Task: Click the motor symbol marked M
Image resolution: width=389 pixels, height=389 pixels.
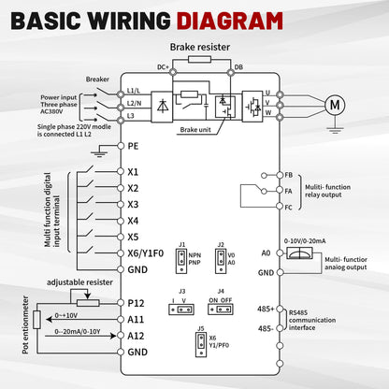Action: (x=335, y=105)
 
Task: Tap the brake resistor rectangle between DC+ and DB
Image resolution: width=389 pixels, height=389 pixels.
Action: (x=199, y=60)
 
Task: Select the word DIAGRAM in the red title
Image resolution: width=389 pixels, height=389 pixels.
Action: (x=230, y=21)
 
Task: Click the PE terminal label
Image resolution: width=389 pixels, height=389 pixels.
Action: (x=133, y=146)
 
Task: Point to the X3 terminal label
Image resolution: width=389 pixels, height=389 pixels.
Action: (x=133, y=205)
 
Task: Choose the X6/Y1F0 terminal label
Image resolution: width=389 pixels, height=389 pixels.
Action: (x=146, y=253)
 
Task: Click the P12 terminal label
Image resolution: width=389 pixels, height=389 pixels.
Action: (x=136, y=303)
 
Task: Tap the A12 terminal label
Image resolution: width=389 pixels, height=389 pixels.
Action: (x=136, y=336)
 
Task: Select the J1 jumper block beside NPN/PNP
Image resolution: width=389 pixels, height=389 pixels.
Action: (x=181, y=261)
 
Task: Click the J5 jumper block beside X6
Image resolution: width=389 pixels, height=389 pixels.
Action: (x=201, y=344)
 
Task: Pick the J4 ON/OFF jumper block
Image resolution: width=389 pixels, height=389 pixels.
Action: (x=221, y=310)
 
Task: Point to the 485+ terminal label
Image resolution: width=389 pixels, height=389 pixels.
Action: (x=266, y=309)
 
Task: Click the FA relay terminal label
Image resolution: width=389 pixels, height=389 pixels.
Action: (x=288, y=191)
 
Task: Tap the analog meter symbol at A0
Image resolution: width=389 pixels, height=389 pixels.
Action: (x=299, y=253)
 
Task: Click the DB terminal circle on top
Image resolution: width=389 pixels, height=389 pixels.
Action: (x=231, y=73)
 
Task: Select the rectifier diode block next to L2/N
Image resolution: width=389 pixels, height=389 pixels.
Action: (x=162, y=107)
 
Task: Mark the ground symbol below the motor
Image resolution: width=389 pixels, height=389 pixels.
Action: (x=335, y=130)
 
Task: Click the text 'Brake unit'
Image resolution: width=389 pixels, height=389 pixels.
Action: (x=195, y=130)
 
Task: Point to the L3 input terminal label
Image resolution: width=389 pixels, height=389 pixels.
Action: (x=131, y=116)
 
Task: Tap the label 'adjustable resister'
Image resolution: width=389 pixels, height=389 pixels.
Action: (x=79, y=282)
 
